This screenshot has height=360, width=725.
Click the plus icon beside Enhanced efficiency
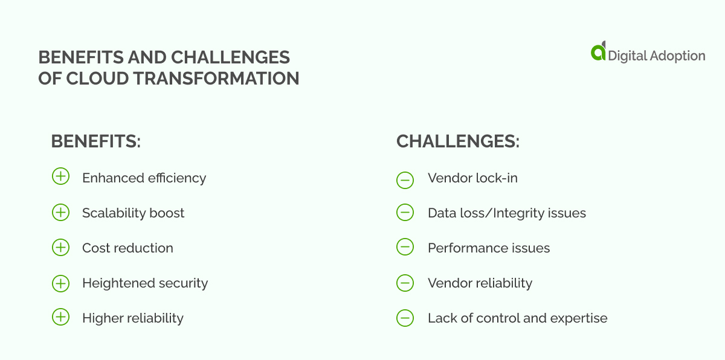[x=60, y=177]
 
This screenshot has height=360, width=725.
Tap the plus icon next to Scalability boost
[x=60, y=212]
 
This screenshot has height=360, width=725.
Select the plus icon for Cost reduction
[x=60, y=247]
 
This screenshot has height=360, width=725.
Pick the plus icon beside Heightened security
[x=60, y=282]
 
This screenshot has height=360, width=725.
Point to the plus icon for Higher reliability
[x=60, y=317]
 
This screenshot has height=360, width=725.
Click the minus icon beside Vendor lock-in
[x=405, y=179]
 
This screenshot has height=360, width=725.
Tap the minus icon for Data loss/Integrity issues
[x=405, y=213]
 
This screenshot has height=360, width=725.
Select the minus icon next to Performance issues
[x=405, y=247]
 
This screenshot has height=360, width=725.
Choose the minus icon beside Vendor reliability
[x=405, y=282]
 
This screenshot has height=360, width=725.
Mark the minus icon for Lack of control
[x=405, y=318]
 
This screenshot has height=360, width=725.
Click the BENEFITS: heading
[x=95, y=141]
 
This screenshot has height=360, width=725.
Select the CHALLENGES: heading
[x=458, y=141]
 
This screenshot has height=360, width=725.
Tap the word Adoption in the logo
[x=676, y=56]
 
